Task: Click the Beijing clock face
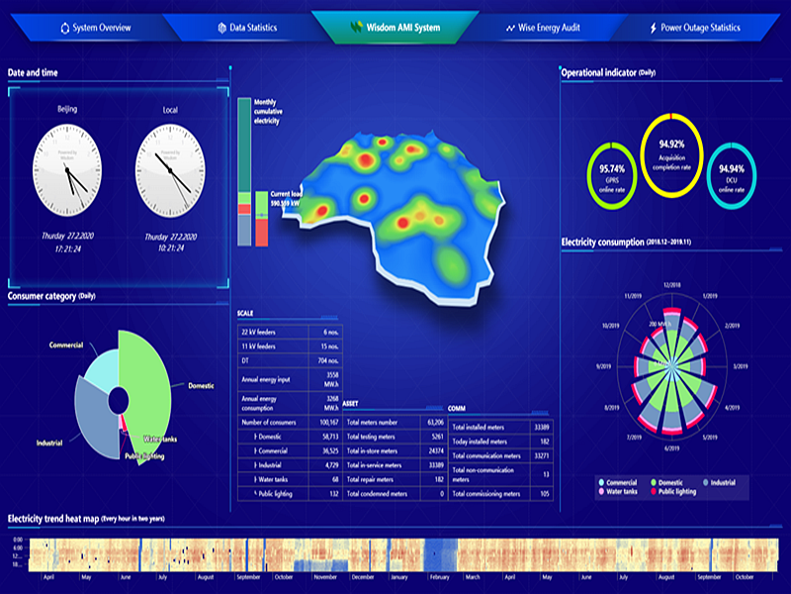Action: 68,170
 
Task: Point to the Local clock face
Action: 170,170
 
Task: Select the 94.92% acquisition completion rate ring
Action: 672,150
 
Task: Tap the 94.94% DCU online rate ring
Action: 732,174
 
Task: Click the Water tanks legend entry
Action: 624,491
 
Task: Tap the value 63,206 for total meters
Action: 429,422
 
